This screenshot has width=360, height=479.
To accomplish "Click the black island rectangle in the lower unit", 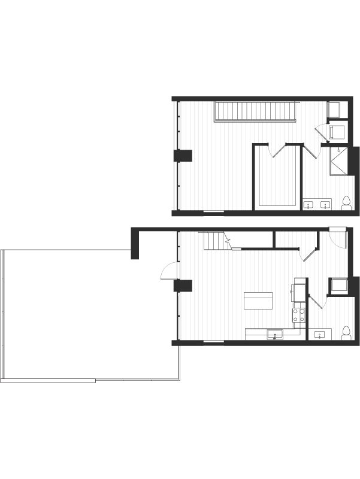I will [258, 300].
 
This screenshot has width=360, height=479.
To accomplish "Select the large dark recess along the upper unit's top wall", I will [252, 112].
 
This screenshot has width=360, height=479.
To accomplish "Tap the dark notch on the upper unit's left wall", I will [186, 156].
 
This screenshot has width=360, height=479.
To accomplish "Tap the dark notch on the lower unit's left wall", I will [186, 286].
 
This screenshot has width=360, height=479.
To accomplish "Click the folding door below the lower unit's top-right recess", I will [307, 255].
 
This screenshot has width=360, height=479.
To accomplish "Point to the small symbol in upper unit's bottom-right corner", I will [345, 203].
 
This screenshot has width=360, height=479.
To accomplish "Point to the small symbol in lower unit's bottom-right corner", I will [345, 332].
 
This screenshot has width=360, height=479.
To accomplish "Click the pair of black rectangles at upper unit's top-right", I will [338, 111].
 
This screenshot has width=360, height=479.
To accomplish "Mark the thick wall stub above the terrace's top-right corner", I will [135, 247].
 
